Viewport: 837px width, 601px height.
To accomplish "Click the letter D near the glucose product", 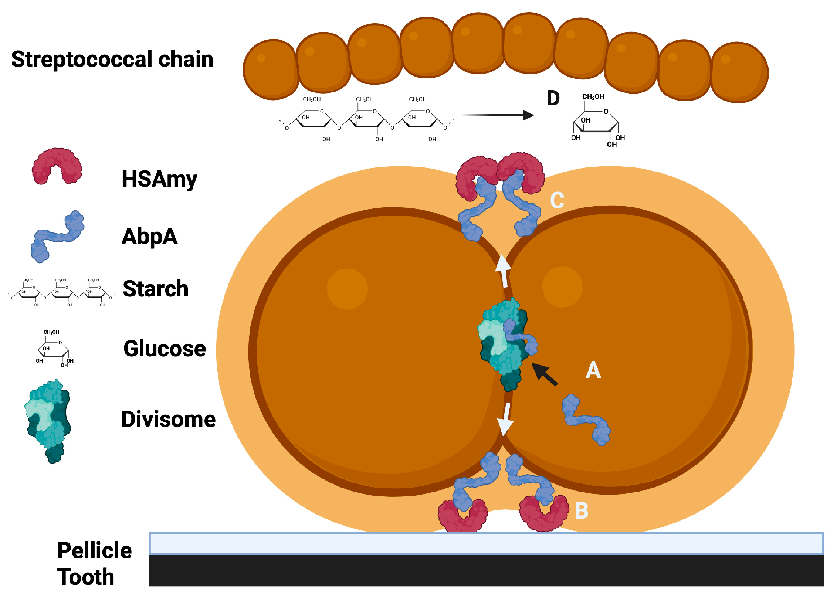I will pyautogui.click(x=553, y=98).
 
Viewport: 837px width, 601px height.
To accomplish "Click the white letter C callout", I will pyautogui.click(x=557, y=200).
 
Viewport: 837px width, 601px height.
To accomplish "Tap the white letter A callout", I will pyautogui.click(x=593, y=370).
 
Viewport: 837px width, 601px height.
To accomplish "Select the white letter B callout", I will pyautogui.click(x=582, y=511).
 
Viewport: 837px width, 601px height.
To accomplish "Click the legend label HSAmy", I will pyautogui.click(x=159, y=179).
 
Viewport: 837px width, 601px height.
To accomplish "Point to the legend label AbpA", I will pyautogui.click(x=150, y=236).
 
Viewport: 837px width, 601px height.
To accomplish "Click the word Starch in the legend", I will pyautogui.click(x=156, y=289).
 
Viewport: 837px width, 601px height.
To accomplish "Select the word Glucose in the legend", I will pyautogui.click(x=165, y=349).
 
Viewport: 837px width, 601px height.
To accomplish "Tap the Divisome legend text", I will pyautogui.click(x=168, y=419).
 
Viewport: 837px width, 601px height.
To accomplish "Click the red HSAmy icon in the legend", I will pyautogui.click(x=57, y=167).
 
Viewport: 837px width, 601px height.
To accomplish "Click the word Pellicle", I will pyautogui.click(x=94, y=551).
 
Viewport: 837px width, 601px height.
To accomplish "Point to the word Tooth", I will pyautogui.click(x=85, y=577).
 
